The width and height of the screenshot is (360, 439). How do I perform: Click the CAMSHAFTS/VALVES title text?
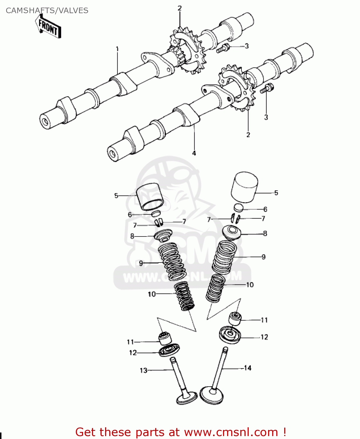(x=47, y=11)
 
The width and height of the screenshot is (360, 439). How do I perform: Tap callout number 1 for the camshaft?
(x=117, y=49)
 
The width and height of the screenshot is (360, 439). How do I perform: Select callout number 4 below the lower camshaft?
(x=194, y=153)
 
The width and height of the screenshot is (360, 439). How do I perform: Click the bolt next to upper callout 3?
(x=223, y=48)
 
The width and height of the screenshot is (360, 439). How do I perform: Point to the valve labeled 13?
(x=181, y=380)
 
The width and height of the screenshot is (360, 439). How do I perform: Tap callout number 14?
(x=248, y=368)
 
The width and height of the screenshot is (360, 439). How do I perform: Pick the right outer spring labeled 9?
(x=224, y=257)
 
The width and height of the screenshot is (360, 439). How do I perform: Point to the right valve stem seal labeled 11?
(x=235, y=319)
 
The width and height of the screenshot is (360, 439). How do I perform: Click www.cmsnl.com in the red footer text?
(x=231, y=432)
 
